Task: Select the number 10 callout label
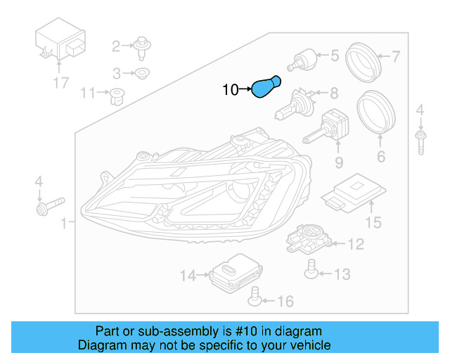(x=231, y=89)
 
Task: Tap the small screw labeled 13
(x=309, y=266)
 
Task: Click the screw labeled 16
(x=256, y=300)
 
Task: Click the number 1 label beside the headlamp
(x=64, y=224)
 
